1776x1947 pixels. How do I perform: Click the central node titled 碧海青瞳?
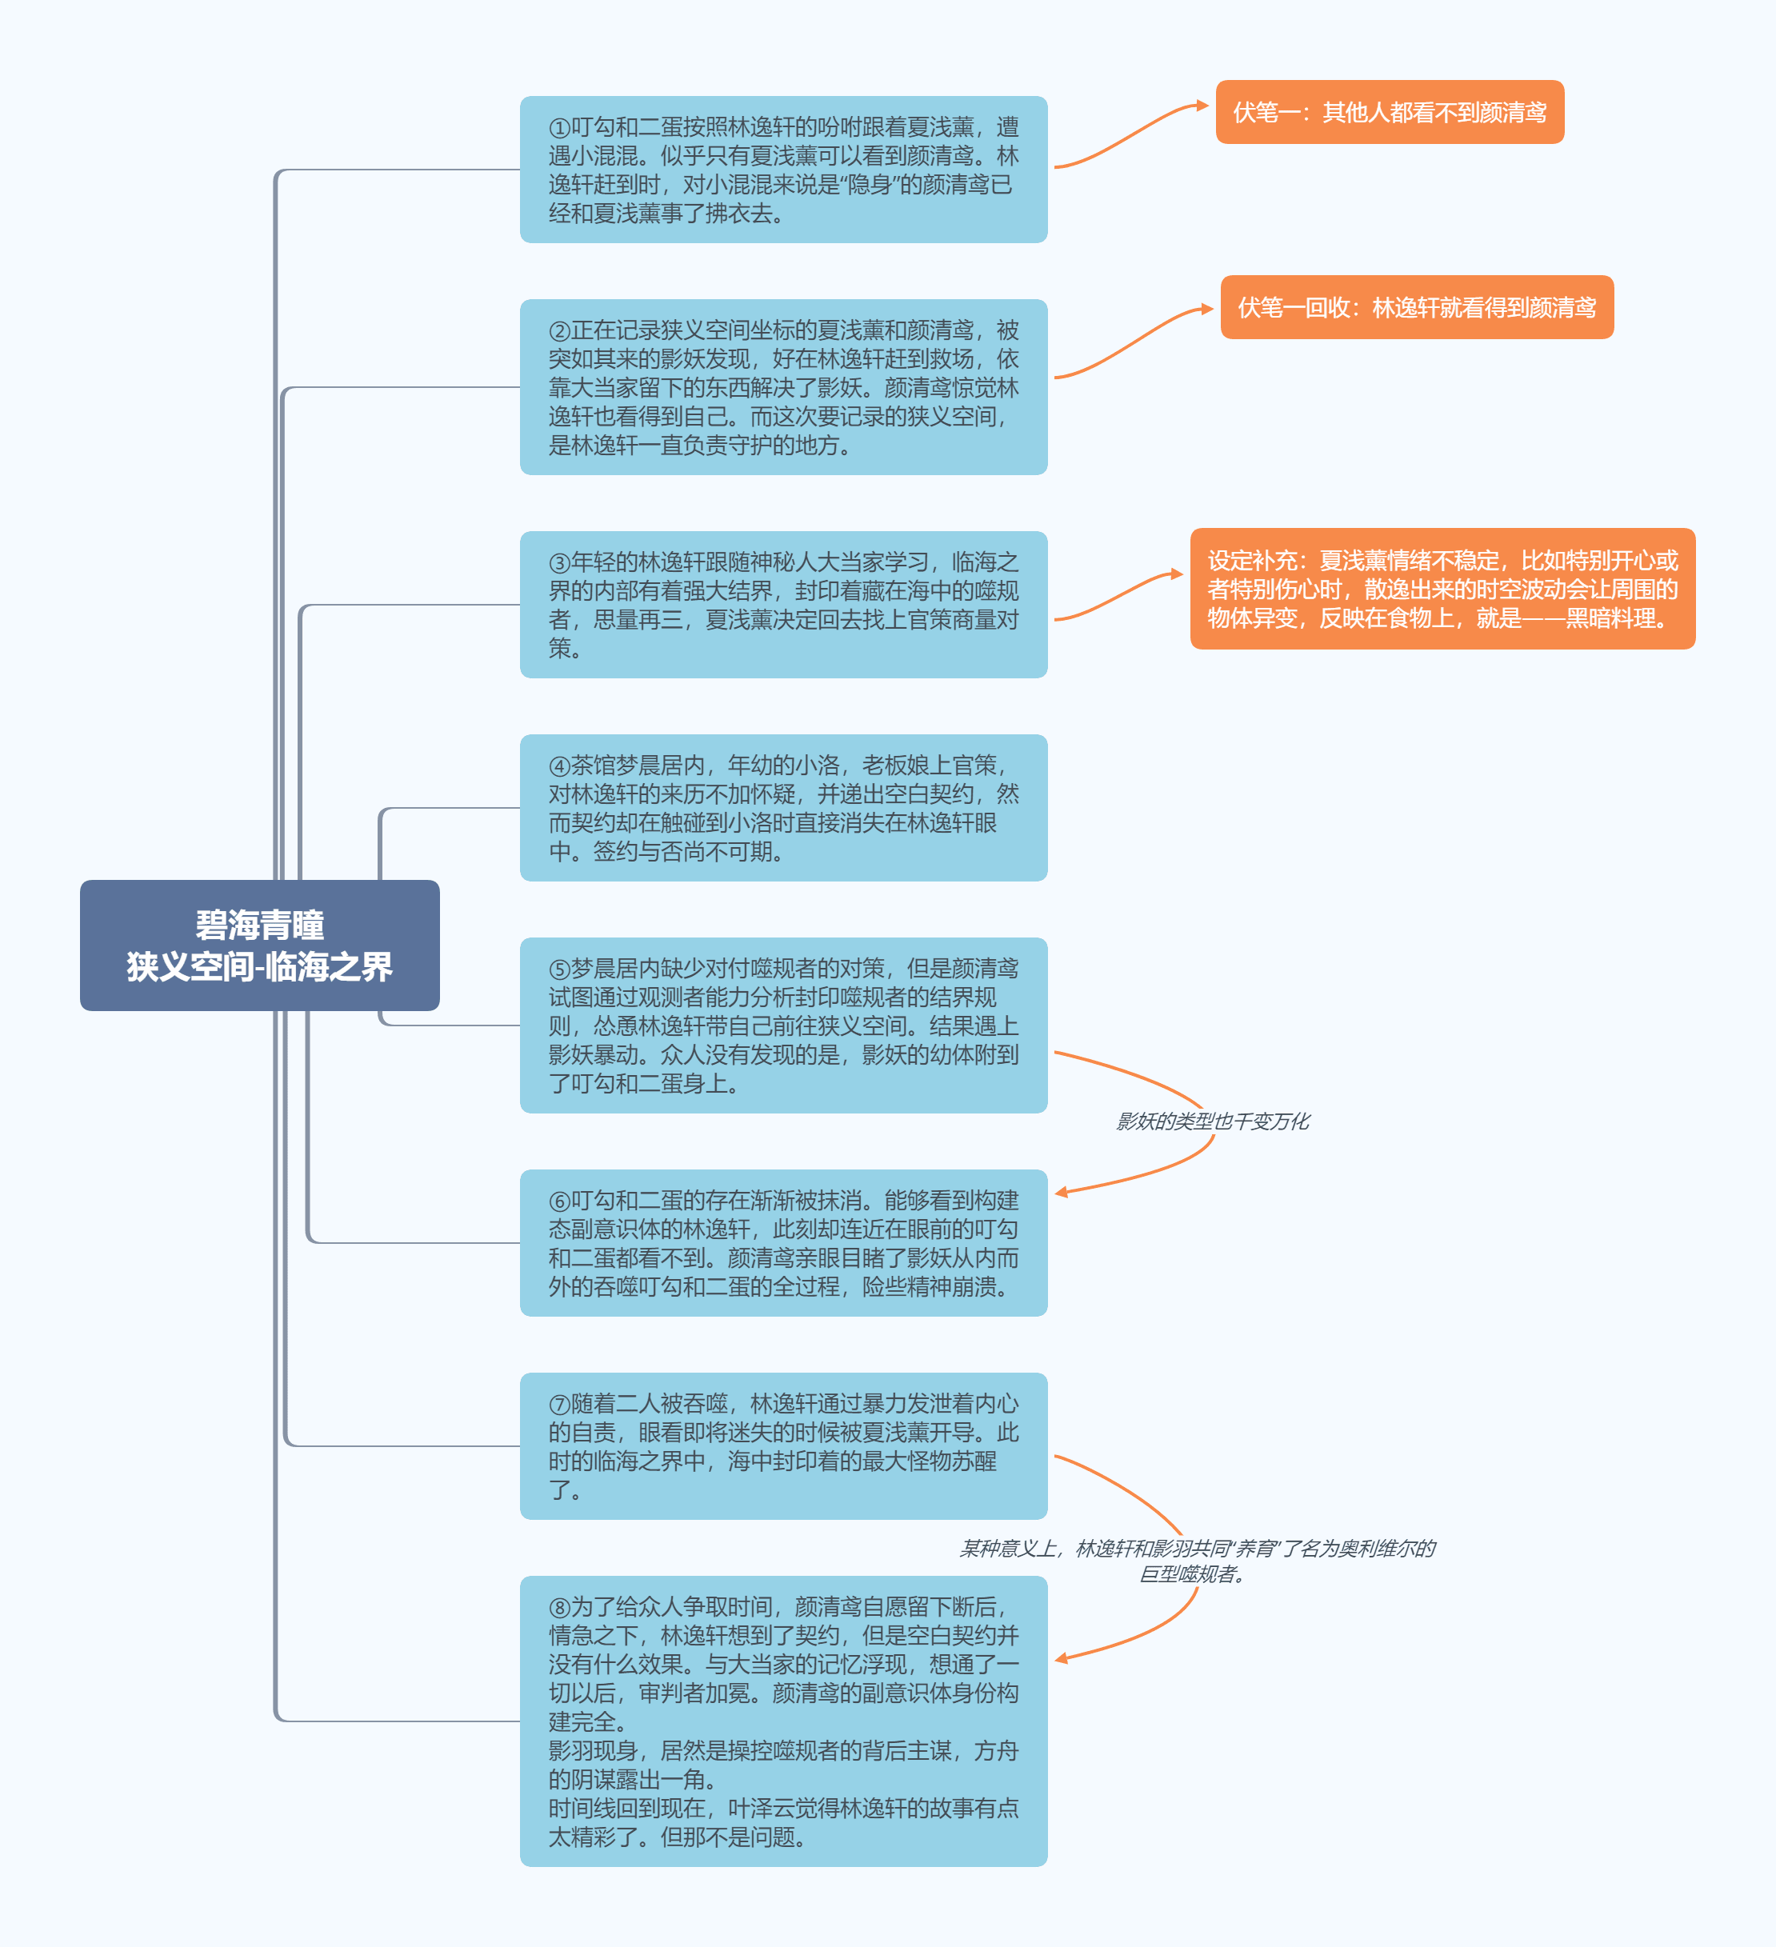[x=260, y=945]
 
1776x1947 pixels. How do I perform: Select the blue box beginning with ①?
[x=783, y=169]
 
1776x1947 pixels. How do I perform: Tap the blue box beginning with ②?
[x=783, y=386]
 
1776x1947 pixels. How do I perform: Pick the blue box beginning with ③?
[x=783, y=605]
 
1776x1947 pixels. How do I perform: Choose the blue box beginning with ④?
[x=783, y=807]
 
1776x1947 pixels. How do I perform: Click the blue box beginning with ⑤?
[x=783, y=1025]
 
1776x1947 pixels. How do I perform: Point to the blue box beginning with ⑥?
[x=783, y=1243]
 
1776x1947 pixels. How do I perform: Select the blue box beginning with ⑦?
[x=783, y=1445]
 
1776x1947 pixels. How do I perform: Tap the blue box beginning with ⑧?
[x=783, y=1721]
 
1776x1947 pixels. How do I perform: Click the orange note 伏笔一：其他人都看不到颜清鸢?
[x=1390, y=112]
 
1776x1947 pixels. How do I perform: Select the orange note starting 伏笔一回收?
[x=1417, y=307]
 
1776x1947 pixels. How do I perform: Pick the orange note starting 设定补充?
[x=1443, y=588]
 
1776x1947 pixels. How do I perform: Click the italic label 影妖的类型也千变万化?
[x=1213, y=1121]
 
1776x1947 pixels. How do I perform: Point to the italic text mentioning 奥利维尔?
[x=1198, y=1561]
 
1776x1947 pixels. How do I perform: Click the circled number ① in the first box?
[x=559, y=127]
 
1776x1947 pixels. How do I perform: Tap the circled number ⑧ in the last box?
[x=559, y=1607]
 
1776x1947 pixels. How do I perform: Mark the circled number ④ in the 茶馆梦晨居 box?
[x=559, y=766]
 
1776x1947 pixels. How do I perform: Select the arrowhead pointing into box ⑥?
[x=1062, y=1193]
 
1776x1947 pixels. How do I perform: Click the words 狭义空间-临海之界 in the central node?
[x=260, y=967]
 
